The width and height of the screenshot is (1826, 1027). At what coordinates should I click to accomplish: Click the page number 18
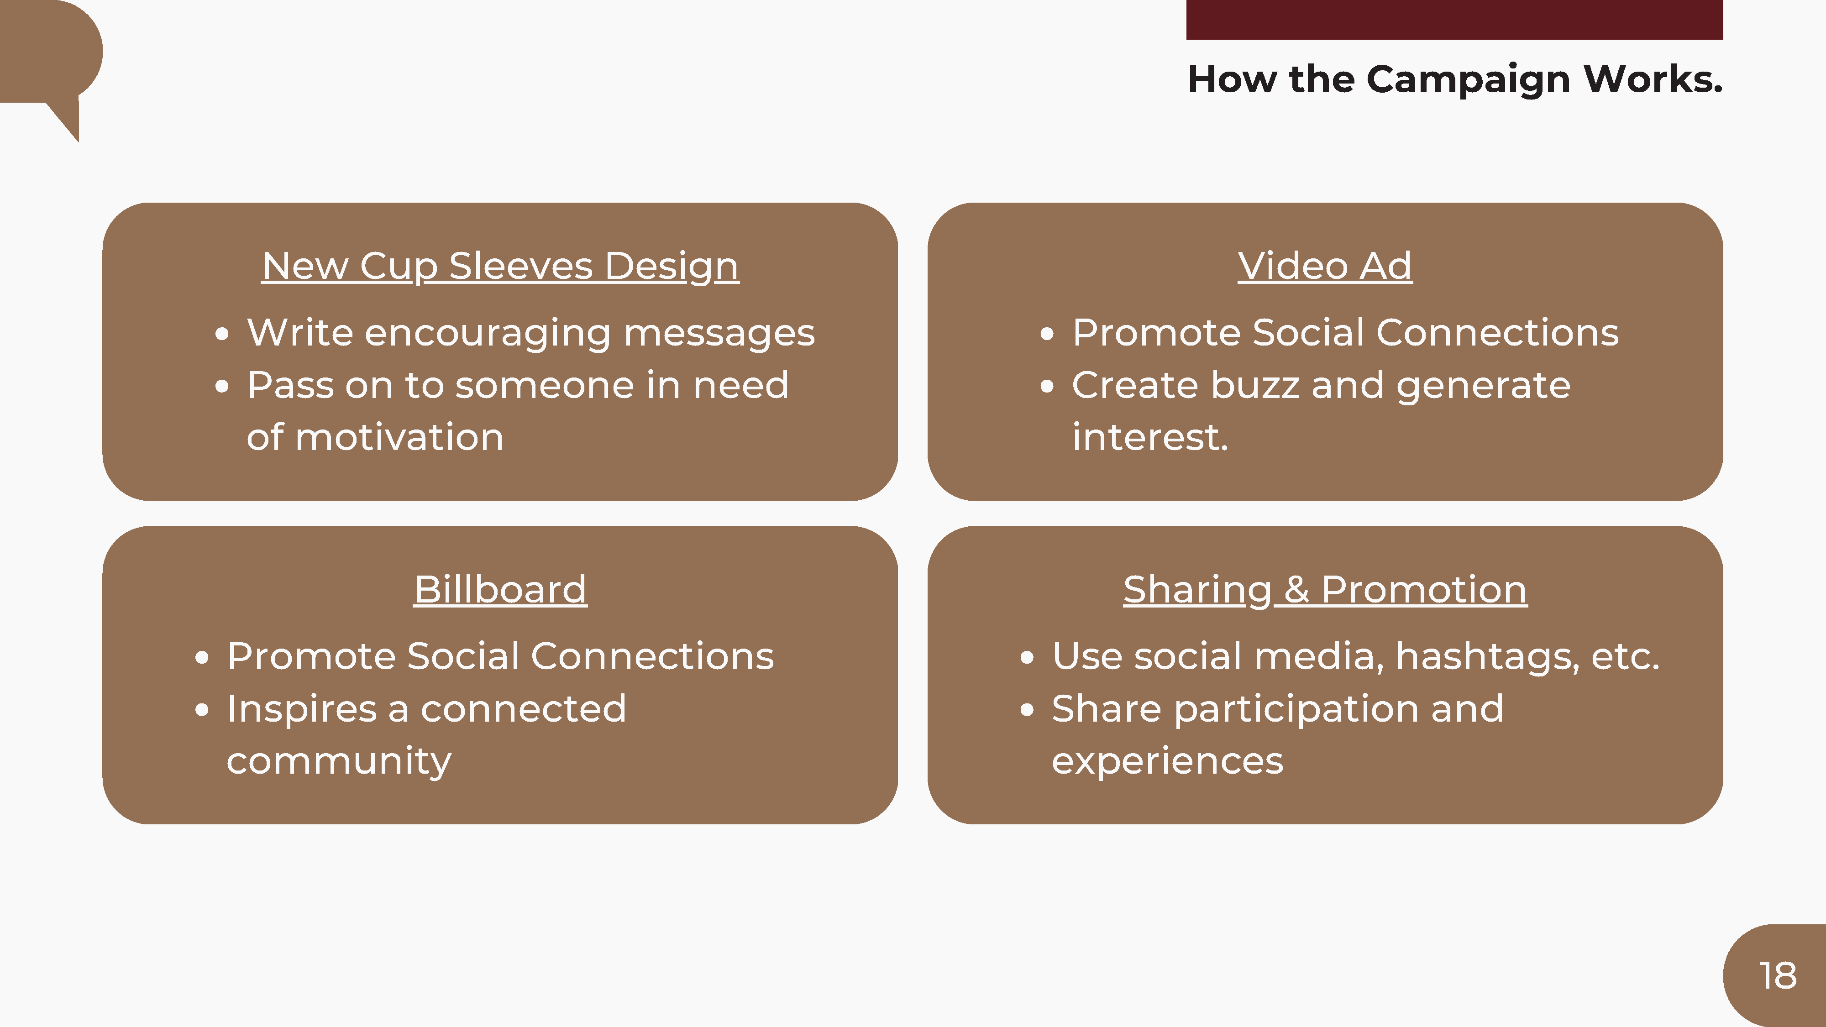pos(1778,976)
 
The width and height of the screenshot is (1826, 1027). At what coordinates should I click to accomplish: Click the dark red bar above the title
pos(1454,19)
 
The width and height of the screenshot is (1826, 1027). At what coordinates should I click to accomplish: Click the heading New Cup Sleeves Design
pos(500,267)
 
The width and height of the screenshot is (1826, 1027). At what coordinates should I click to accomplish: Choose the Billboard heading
pos(500,590)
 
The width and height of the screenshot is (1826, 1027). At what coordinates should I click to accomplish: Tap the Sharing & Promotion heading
pos(1325,590)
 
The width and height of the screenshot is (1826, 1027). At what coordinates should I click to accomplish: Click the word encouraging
pos(488,334)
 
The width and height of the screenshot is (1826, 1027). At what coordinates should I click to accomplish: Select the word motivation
pos(399,437)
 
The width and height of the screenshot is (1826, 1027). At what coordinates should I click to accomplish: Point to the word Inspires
pos(302,709)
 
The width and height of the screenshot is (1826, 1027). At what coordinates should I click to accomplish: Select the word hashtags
pos(1487,656)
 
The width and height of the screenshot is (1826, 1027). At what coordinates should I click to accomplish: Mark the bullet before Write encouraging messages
pos(222,334)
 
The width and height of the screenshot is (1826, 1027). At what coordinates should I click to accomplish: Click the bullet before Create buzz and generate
pos(1047,386)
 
